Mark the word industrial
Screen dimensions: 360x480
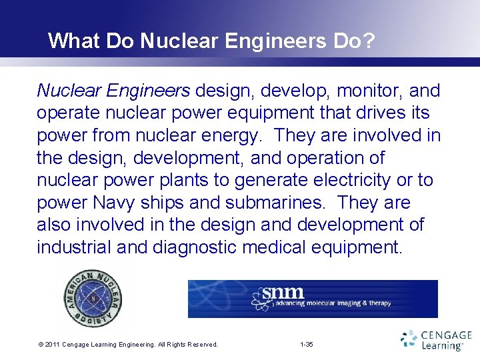(x=73, y=248)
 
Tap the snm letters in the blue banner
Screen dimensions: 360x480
(x=284, y=293)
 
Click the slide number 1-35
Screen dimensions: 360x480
(x=307, y=345)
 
